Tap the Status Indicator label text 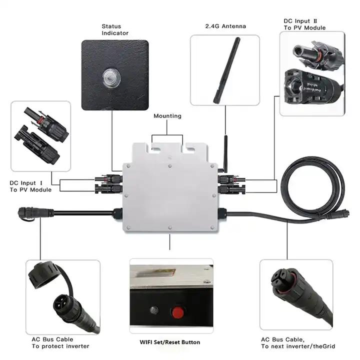coord(114,29)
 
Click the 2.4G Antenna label coord(225,25)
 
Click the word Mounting coord(167,116)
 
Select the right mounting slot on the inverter coord(189,148)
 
